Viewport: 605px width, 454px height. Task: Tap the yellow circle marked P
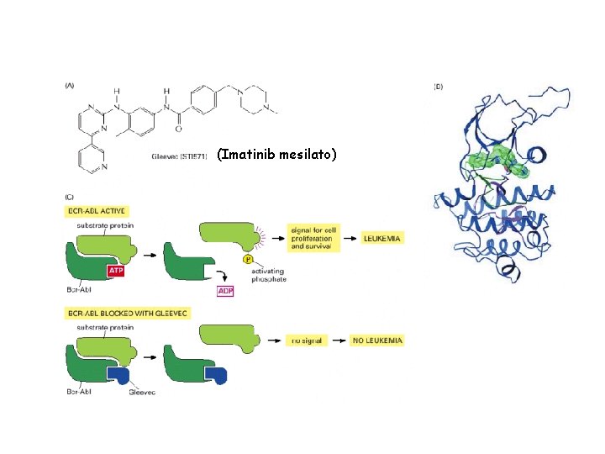tap(249, 260)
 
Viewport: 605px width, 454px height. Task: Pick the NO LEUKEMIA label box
tap(378, 340)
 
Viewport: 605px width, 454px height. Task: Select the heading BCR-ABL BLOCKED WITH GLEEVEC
tap(124, 314)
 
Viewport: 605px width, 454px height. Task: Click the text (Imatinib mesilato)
tap(276, 155)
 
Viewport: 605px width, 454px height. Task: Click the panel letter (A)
tap(71, 85)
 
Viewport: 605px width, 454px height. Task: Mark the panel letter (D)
tap(439, 86)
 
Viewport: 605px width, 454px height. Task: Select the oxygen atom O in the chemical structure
tap(177, 129)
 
